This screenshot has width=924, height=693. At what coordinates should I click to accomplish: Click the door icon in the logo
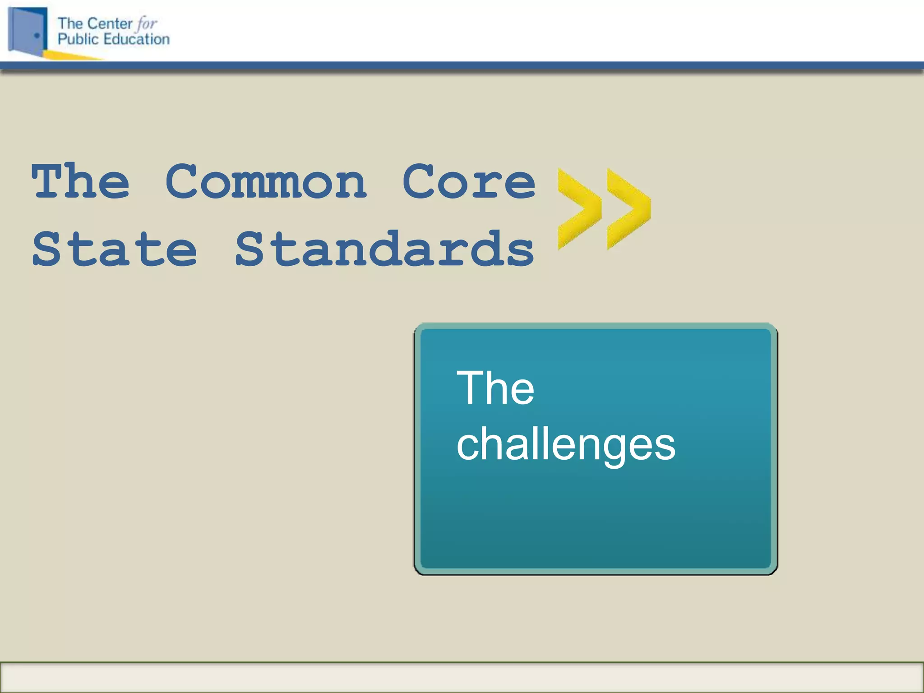click(x=27, y=31)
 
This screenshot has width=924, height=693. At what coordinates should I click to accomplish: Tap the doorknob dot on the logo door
click(x=37, y=35)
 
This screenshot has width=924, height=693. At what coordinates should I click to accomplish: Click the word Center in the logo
click(x=110, y=23)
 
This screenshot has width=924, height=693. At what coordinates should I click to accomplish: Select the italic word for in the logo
click(x=147, y=23)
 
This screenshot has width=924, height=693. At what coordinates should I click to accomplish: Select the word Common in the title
click(x=266, y=181)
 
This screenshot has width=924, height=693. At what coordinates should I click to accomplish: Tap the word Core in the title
click(x=469, y=181)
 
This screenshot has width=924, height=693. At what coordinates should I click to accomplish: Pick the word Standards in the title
click(x=384, y=249)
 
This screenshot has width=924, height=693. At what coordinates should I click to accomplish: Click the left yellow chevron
click(x=578, y=208)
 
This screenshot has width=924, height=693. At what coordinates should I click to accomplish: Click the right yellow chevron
click(x=628, y=208)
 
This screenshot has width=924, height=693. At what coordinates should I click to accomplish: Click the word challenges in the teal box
click(x=566, y=445)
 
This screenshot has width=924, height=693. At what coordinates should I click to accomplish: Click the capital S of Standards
click(x=250, y=249)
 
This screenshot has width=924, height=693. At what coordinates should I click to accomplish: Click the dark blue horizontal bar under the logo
click(x=462, y=66)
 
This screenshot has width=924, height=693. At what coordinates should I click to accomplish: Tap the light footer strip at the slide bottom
click(x=462, y=677)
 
